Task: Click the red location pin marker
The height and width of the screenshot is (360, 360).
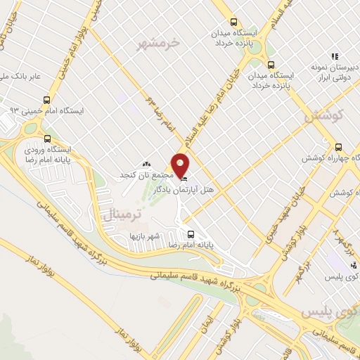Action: tap(181, 165)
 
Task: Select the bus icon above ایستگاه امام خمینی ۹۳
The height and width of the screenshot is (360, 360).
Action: tap(47, 100)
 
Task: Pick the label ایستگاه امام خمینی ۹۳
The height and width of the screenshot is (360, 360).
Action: tap(46, 111)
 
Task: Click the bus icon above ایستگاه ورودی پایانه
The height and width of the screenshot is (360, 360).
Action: tap(47, 139)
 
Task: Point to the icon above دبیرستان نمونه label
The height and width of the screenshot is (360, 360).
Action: tap(335, 56)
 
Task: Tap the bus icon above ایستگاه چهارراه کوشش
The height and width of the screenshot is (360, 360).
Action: tap(339, 148)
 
